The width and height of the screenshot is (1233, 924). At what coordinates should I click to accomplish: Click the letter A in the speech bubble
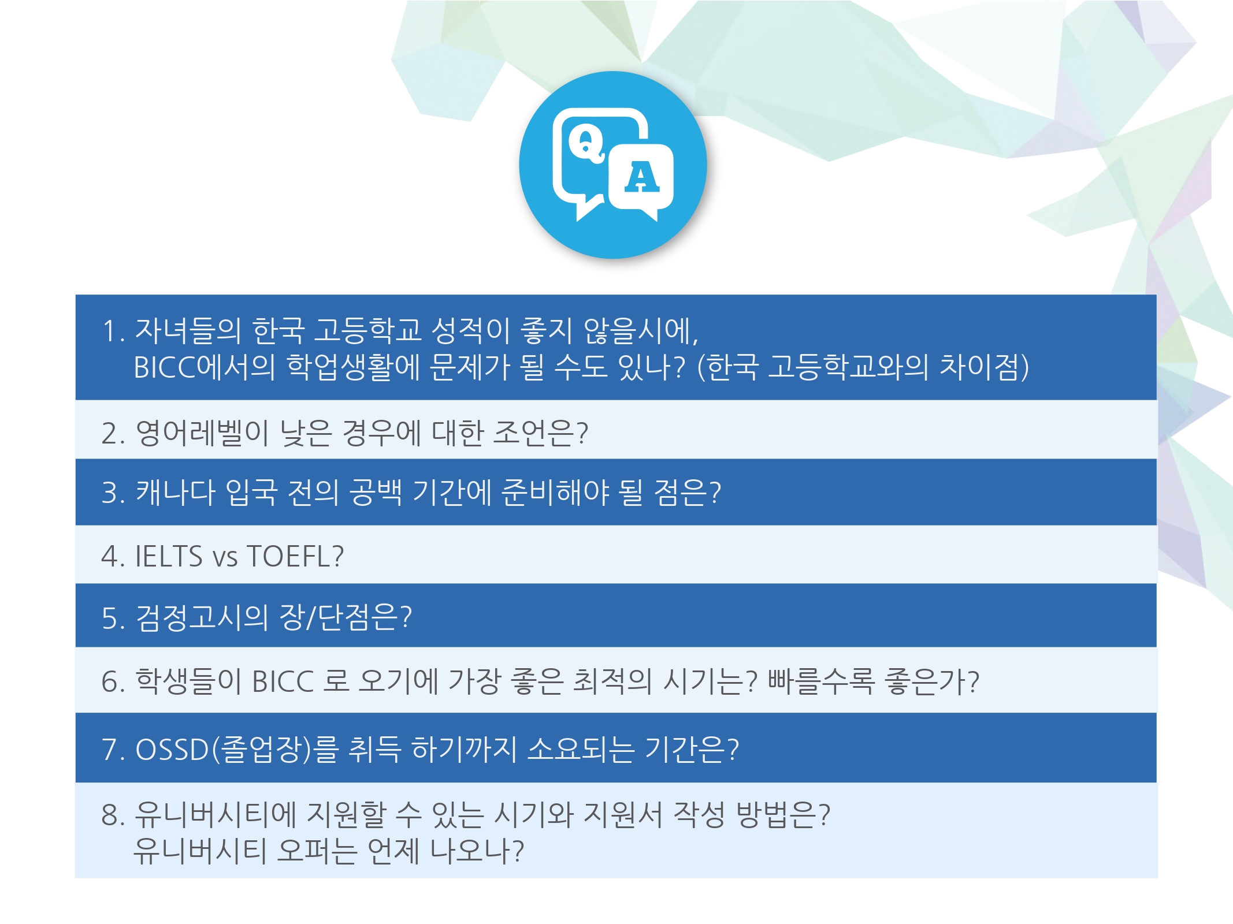pos(641,177)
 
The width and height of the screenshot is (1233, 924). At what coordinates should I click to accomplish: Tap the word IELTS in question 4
pos(169,556)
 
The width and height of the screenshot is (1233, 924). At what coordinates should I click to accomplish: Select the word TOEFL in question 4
pos(288,556)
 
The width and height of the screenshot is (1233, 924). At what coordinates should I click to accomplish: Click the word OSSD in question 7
pos(172,749)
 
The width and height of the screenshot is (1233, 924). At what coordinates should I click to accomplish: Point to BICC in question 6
pos(283,681)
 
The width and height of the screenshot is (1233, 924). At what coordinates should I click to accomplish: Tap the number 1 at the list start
pos(110,331)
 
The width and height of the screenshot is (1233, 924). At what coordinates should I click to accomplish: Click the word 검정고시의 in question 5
pos(202,617)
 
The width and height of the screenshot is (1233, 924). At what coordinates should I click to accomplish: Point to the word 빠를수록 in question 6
pos(821,681)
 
